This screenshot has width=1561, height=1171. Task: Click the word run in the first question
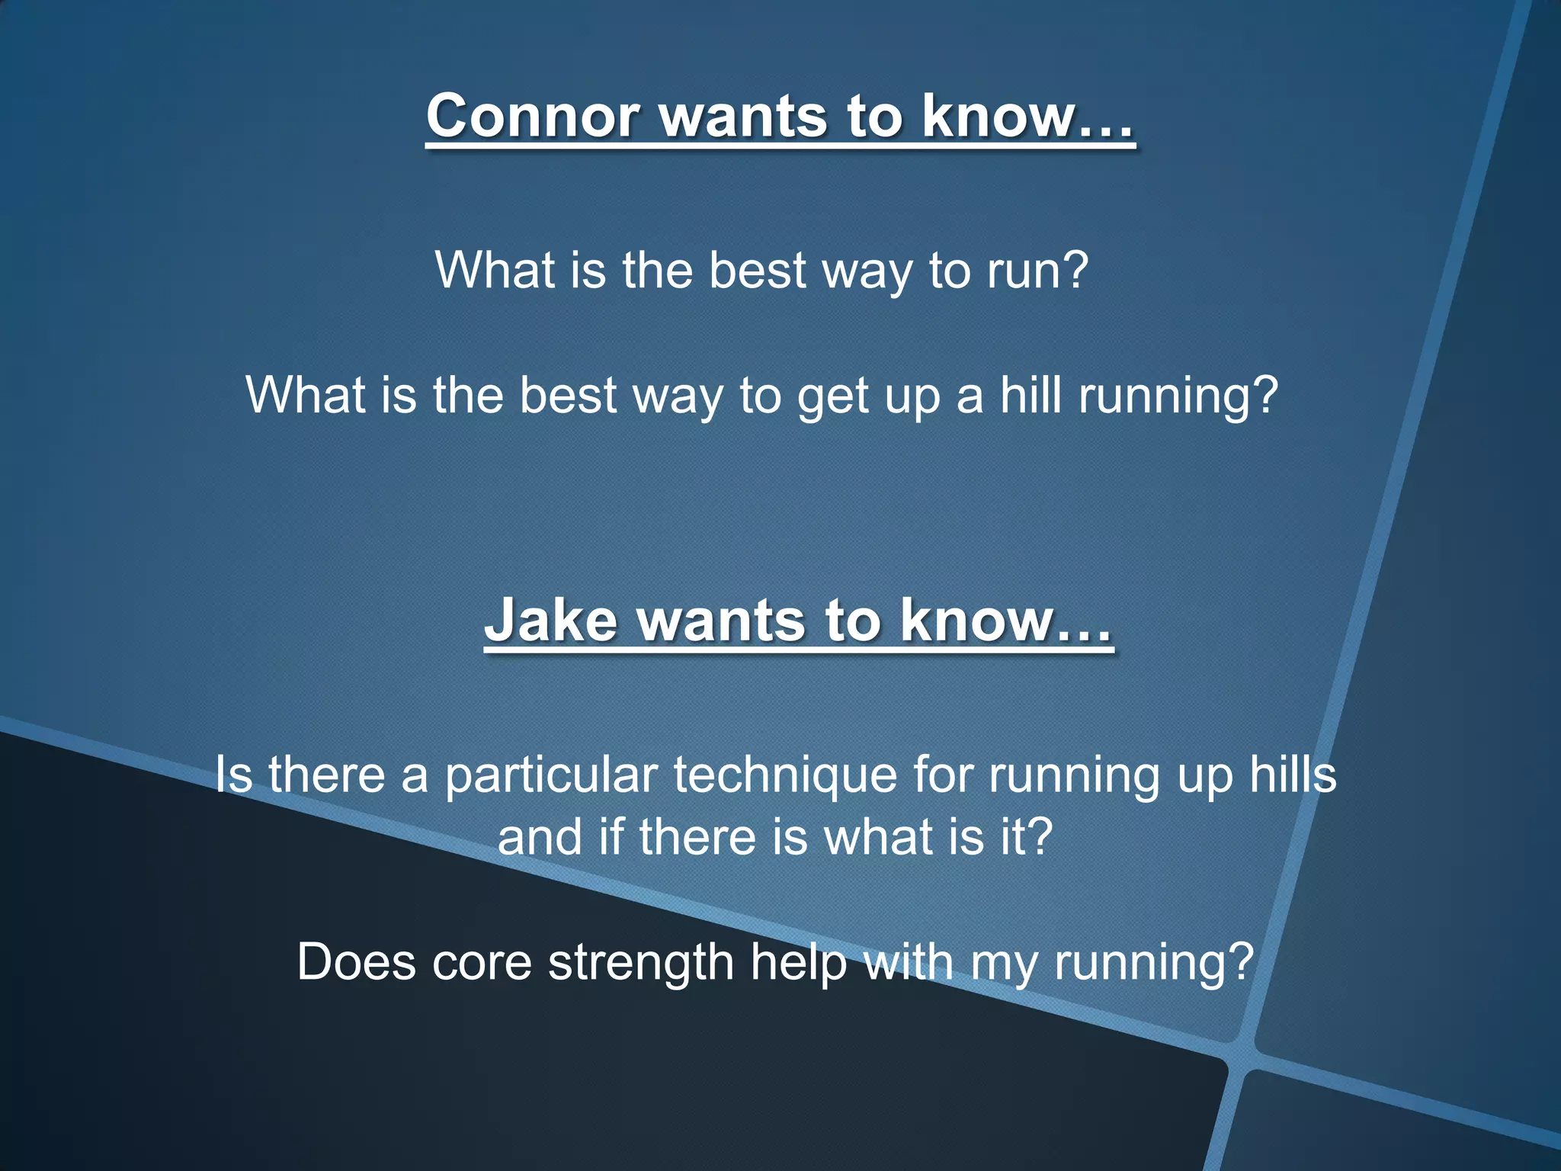pyautogui.click(x=1024, y=271)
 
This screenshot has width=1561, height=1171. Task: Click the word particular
pyautogui.click(x=551, y=775)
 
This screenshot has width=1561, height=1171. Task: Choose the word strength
pyautogui.click(x=641, y=964)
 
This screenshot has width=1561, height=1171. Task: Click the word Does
pyautogui.click(x=356, y=962)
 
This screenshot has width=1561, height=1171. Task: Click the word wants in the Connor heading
pyautogui.click(x=743, y=117)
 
